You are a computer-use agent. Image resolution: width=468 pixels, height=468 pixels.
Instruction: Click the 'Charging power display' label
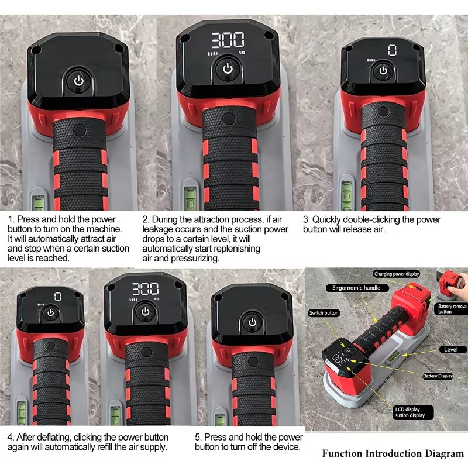coord(397,274)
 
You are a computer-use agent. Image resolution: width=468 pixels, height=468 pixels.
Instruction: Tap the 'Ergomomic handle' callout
coord(356,288)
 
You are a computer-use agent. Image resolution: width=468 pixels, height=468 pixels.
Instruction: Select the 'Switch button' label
coord(324,313)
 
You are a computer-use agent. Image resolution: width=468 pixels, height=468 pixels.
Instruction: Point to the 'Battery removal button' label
coord(451,309)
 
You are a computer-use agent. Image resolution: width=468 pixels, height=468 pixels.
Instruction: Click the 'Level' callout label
coord(450,349)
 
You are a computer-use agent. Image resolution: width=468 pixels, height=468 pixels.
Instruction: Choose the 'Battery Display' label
coord(438,376)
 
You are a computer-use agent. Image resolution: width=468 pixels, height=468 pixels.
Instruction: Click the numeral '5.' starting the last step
coord(198,437)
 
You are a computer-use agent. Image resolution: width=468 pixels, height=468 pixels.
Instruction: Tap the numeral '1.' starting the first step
coord(11,219)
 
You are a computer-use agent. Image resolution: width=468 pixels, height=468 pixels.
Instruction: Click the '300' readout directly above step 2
coord(228,40)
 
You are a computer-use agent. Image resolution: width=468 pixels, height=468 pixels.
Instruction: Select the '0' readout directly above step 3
coord(392,50)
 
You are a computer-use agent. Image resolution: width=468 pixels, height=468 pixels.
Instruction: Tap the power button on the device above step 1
coord(79,81)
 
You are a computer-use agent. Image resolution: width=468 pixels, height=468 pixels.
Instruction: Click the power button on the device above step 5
coord(253,322)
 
